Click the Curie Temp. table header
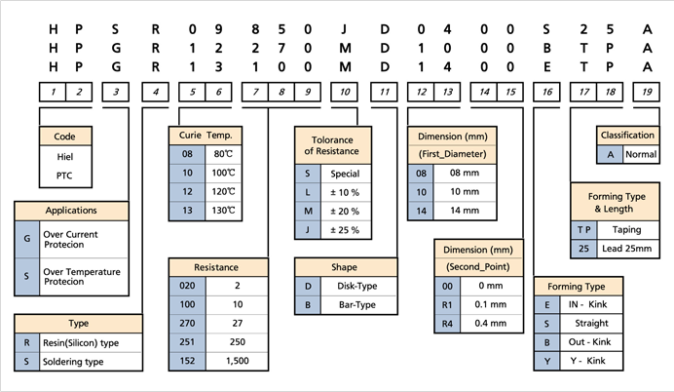click(206, 135)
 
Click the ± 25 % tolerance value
click(343, 229)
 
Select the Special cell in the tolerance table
click(343, 174)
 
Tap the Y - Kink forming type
click(592, 362)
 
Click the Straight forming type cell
click(592, 324)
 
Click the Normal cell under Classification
click(641, 154)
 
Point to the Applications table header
click(73, 211)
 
